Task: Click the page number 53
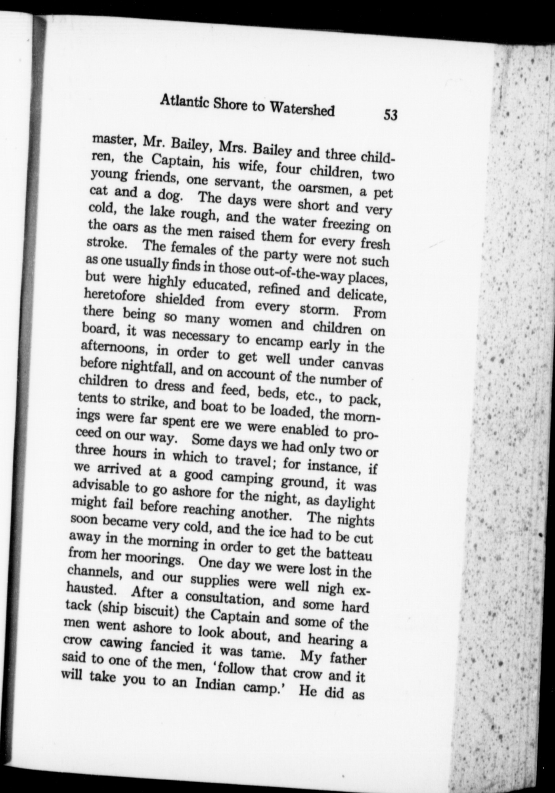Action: click(390, 115)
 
